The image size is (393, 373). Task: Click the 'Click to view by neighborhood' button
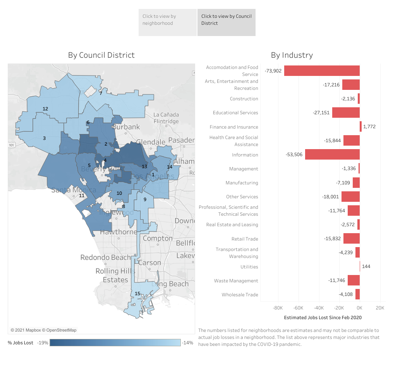tap(167, 22)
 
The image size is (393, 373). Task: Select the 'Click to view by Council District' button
tap(227, 22)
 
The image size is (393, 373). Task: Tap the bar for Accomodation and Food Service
tap(322, 70)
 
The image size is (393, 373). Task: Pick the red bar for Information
tap(332, 155)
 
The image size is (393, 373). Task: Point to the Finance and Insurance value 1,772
tap(369, 127)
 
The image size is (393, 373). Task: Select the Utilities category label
tap(249, 267)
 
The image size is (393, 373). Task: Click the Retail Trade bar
tap(351, 239)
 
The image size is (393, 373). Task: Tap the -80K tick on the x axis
tap(278, 308)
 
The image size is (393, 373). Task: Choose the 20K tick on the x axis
tap(380, 308)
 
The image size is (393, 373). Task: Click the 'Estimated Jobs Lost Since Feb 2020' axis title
tap(323, 318)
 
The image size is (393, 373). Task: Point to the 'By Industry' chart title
tap(292, 55)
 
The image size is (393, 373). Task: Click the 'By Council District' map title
tap(101, 55)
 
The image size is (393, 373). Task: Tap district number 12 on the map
tap(45, 109)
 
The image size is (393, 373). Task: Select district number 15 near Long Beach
tap(137, 294)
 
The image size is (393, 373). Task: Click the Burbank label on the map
tap(126, 127)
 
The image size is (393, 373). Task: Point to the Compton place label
tap(158, 239)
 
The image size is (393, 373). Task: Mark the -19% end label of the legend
tap(43, 343)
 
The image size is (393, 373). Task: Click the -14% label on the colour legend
tap(187, 343)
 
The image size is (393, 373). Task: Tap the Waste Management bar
tap(354, 280)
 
